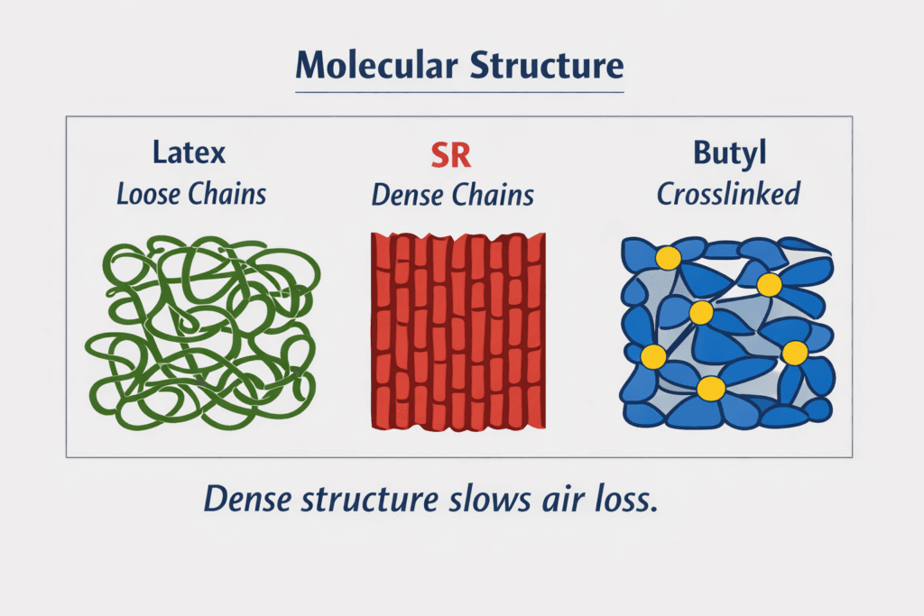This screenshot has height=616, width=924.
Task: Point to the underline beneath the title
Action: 460,92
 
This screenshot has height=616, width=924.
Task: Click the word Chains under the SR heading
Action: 497,194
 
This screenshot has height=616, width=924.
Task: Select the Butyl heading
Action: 729,153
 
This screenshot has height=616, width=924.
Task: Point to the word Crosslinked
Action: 729,194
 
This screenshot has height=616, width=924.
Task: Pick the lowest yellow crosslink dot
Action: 711,389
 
